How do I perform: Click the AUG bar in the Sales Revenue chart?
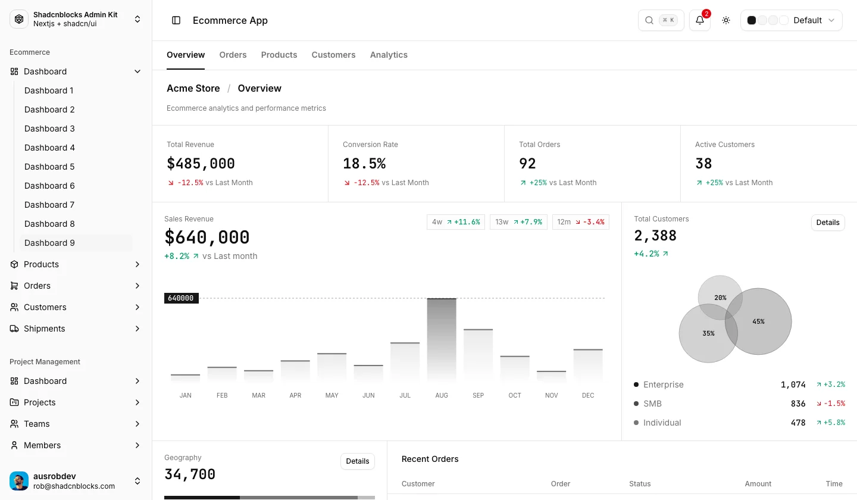coord(442,340)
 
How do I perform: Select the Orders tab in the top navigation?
coord(233,55)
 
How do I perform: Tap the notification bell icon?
coord(699,20)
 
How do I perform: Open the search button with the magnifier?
coord(661,20)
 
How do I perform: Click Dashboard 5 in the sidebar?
coord(49,167)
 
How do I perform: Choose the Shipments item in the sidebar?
coord(45,329)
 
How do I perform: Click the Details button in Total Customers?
coord(827,223)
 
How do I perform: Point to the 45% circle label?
coord(758,322)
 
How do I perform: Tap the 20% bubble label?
coord(720,298)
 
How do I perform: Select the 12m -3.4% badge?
coord(580,222)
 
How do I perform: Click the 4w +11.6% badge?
coord(456,222)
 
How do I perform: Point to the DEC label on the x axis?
coord(587,395)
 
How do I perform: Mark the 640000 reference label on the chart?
coord(182,298)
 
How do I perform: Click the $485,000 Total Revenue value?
coord(201,164)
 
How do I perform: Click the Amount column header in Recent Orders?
coord(758,483)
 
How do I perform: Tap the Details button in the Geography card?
coord(357,461)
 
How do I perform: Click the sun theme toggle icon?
coord(726,20)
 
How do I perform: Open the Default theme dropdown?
coord(791,20)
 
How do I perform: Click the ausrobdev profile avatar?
coord(19,481)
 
